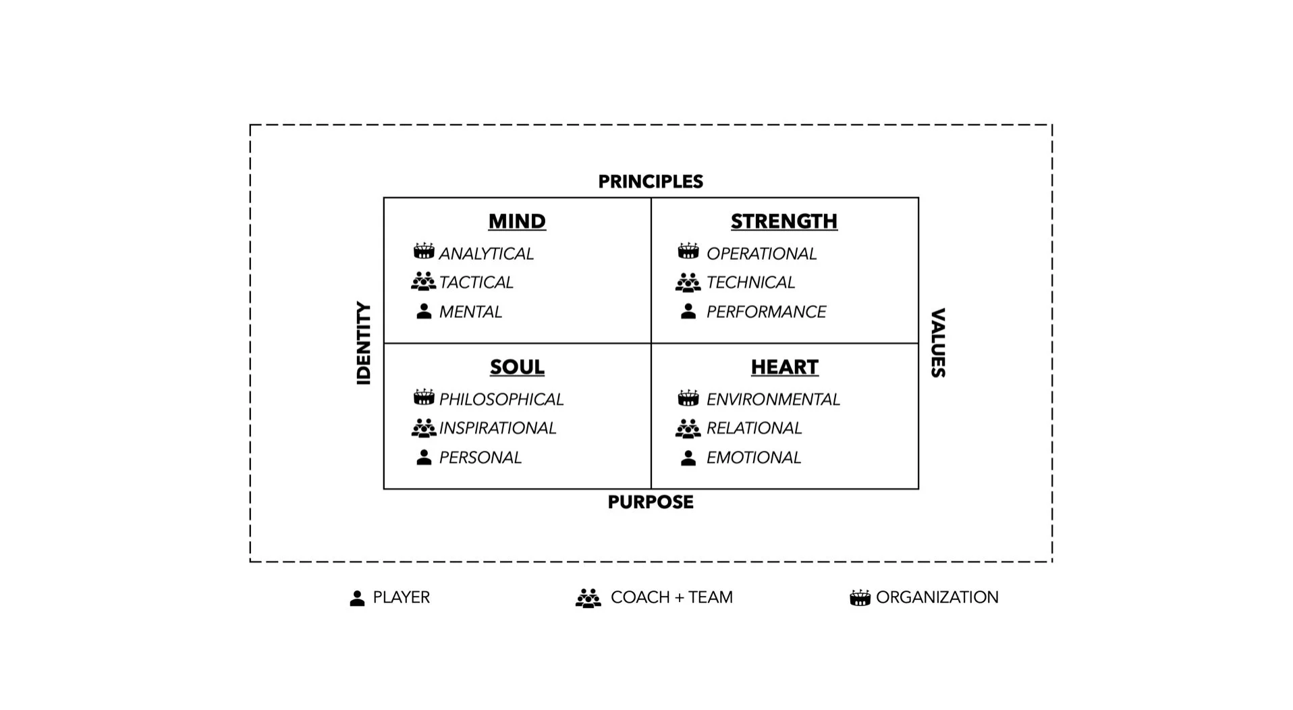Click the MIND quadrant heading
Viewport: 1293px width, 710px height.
click(x=517, y=221)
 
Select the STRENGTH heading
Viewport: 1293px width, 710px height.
click(x=783, y=221)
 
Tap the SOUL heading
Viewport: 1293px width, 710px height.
click(x=517, y=367)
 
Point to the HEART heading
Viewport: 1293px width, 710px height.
click(x=784, y=367)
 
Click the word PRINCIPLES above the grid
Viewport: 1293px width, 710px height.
click(x=651, y=182)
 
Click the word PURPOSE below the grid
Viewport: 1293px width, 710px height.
click(x=651, y=502)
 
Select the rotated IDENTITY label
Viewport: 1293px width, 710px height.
click(x=364, y=343)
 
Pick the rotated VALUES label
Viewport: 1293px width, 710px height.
click(x=938, y=343)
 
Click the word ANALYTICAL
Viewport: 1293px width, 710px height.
click(x=486, y=254)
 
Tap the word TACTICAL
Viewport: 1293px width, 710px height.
click(x=476, y=282)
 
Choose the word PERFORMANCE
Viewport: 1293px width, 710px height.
click(x=766, y=312)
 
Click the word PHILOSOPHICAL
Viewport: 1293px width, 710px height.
click(x=501, y=400)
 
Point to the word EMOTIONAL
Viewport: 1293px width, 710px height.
click(x=753, y=458)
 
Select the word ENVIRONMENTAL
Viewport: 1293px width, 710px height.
click(x=773, y=400)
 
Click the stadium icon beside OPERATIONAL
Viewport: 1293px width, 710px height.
click(x=688, y=252)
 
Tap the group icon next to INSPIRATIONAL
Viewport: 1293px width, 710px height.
click(x=424, y=428)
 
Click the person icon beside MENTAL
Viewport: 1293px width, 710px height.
click(x=424, y=311)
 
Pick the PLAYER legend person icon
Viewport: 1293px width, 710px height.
click(x=357, y=598)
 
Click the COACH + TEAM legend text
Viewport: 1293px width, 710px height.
click(x=671, y=597)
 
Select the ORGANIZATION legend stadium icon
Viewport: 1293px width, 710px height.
click(x=860, y=598)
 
